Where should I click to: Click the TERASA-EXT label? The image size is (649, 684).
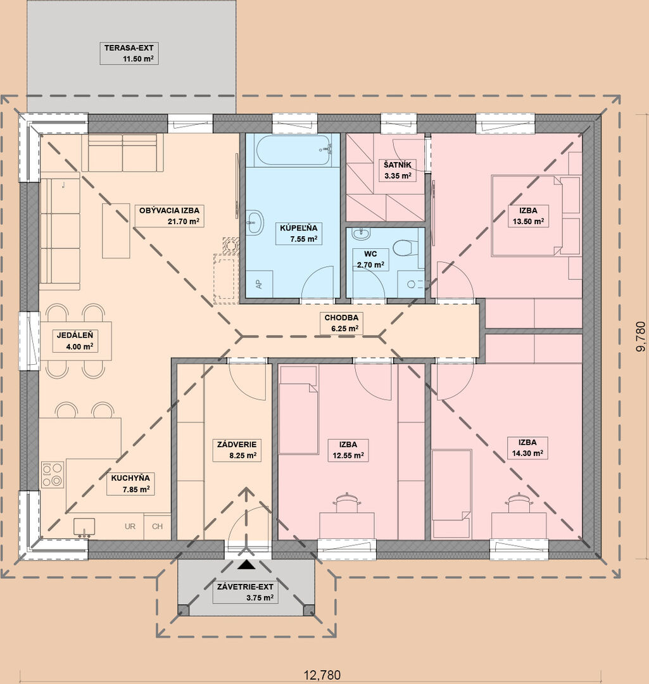point(129,53)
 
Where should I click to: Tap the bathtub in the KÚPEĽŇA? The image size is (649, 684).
point(293,150)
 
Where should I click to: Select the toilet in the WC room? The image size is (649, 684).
point(403,248)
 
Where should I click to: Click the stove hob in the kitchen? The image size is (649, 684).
point(53,474)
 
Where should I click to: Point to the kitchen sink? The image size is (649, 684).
point(84,527)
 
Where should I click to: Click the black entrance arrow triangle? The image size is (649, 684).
point(246,565)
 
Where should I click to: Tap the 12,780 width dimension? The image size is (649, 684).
point(322,675)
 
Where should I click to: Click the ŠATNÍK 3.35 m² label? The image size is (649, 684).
point(398,170)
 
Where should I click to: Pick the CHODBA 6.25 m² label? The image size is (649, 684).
point(341,323)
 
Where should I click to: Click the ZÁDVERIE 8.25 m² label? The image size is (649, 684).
point(237,450)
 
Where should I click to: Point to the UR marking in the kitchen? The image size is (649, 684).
point(130,526)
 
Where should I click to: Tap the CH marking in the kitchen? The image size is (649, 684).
point(158,526)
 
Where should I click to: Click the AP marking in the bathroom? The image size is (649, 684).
point(260,284)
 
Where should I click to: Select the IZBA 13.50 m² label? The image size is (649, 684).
point(528,216)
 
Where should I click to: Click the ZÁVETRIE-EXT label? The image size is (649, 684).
point(246,592)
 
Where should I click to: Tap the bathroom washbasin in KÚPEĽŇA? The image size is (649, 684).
point(255,222)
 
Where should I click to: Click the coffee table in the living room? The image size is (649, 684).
point(116,231)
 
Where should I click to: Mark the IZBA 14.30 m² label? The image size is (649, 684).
point(528,448)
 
